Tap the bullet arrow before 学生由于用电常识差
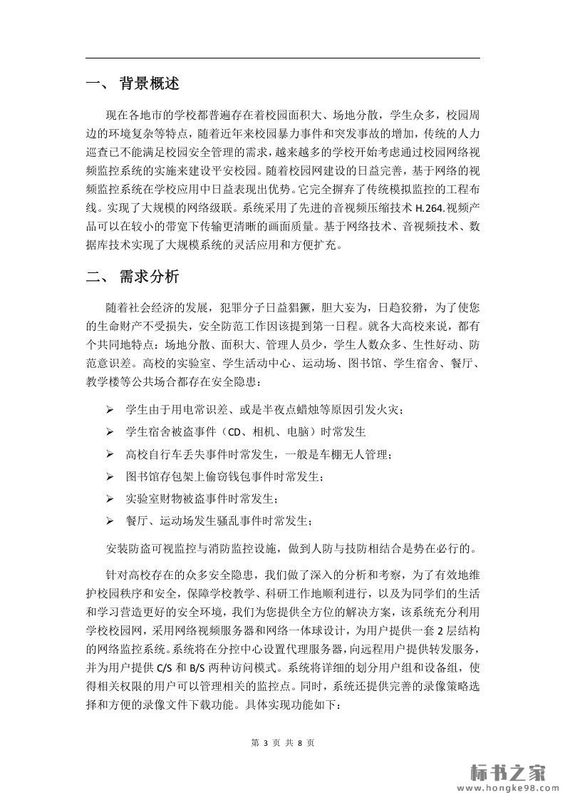[x=110, y=410]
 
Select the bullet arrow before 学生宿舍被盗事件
[x=110, y=432]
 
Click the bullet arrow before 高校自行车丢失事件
[x=110, y=453]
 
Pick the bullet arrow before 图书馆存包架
[x=110, y=476]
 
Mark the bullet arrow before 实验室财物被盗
[x=110, y=498]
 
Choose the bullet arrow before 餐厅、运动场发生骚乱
[x=110, y=520]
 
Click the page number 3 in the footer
[x=264, y=743]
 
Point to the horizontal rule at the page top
[x=282, y=58]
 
